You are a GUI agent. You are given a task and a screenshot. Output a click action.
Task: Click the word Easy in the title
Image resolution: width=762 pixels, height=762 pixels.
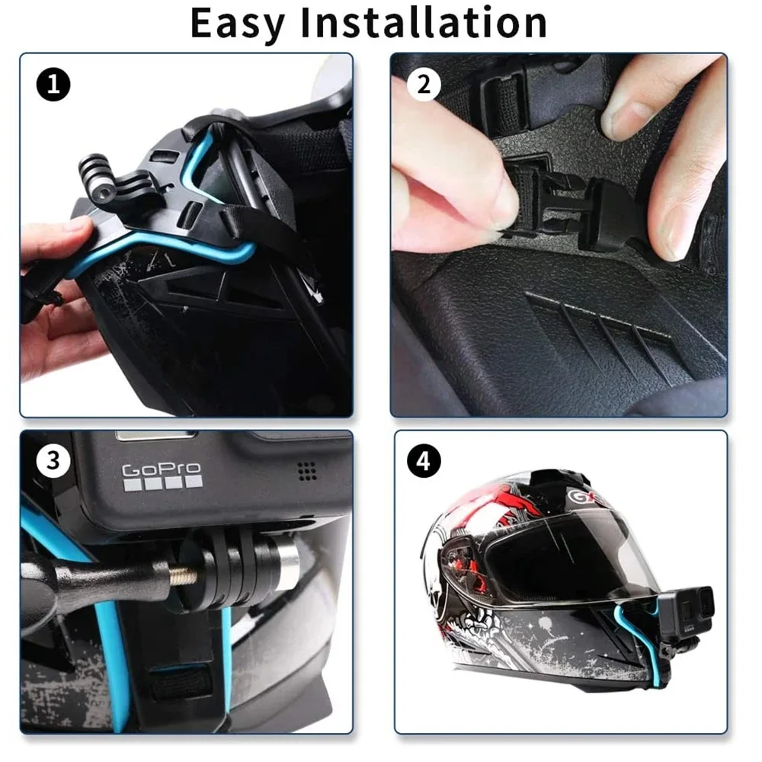pyautogui.click(x=236, y=23)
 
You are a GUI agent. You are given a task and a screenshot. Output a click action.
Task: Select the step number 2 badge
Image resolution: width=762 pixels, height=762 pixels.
pyautogui.click(x=424, y=85)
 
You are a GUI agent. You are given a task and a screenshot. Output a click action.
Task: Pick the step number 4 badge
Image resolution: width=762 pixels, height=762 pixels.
pyautogui.click(x=424, y=462)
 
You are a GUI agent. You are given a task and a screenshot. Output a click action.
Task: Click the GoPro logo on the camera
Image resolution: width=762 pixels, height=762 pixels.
pyautogui.click(x=162, y=469)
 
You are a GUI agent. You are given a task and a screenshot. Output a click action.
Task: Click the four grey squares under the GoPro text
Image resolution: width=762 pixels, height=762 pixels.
pyautogui.click(x=162, y=482)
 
